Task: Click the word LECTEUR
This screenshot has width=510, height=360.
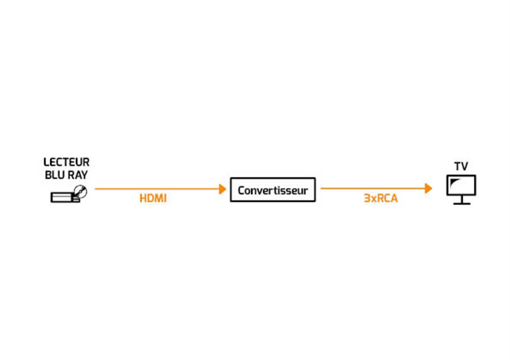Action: point(66,162)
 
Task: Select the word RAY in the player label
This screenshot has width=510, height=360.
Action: point(78,175)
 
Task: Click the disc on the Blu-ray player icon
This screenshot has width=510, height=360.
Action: point(80,191)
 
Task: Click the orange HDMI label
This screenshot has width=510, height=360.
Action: point(153,198)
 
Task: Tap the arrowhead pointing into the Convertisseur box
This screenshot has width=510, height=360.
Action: point(223,189)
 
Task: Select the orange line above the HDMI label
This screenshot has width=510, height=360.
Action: point(158,189)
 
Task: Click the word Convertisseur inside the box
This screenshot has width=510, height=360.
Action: point(272,190)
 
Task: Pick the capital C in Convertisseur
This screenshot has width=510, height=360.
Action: point(241,190)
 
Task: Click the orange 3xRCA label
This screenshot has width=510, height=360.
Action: point(381,198)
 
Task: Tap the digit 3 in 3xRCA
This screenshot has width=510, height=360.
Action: point(367,198)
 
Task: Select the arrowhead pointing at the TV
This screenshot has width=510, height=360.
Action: point(429,188)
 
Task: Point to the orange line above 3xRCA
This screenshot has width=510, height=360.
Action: point(373,188)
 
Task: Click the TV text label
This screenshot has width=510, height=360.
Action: point(461,166)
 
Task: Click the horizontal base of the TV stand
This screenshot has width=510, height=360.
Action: point(462,204)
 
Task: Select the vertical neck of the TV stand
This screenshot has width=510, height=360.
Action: point(462,199)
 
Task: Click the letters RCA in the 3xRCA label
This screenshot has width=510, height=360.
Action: point(387,198)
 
